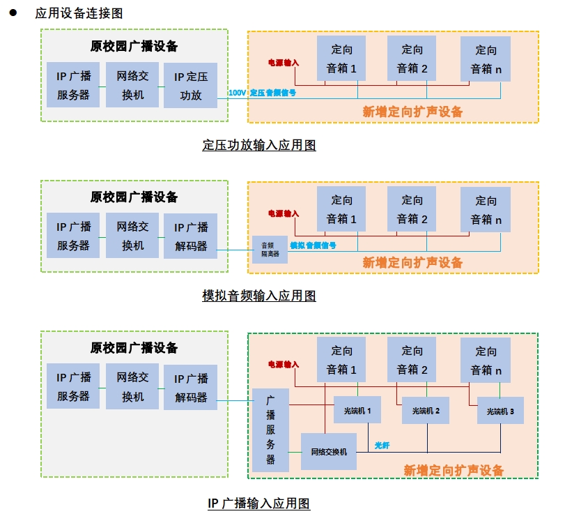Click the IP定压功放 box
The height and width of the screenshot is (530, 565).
[190, 86]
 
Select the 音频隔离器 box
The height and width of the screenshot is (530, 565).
[270, 249]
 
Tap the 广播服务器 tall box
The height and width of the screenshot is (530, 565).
[270, 430]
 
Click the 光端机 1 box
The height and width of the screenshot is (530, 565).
[357, 411]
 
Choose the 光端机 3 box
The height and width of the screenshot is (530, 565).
[500, 411]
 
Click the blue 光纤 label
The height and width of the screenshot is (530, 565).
[382, 445]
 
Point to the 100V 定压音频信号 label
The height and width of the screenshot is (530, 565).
[262, 92]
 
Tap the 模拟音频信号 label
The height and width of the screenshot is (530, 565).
[313, 245]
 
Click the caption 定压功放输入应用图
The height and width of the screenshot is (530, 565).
[259, 145]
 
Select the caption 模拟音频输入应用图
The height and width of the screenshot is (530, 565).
[259, 296]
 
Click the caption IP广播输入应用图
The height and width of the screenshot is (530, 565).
[259, 503]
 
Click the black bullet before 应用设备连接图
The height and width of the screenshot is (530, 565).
[13, 13]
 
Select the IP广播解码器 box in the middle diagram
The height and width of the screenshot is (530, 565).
[190, 236]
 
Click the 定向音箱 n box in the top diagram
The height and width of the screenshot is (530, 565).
[486, 59]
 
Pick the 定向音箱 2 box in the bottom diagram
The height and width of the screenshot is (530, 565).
[412, 360]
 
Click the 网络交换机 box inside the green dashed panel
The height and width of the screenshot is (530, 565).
[328, 451]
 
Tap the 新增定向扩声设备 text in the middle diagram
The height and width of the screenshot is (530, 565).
[412, 263]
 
